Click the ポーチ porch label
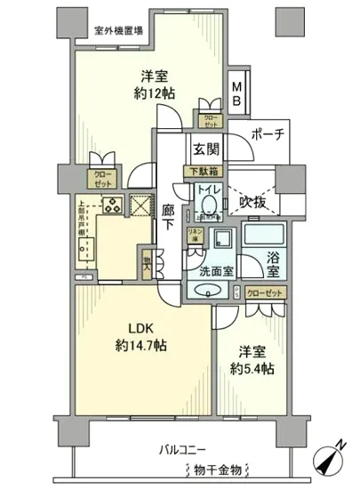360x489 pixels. (x=266, y=135)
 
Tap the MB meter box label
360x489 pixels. (x=238, y=93)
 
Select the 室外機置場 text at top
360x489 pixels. (x=123, y=30)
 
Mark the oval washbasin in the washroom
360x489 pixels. (x=207, y=292)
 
